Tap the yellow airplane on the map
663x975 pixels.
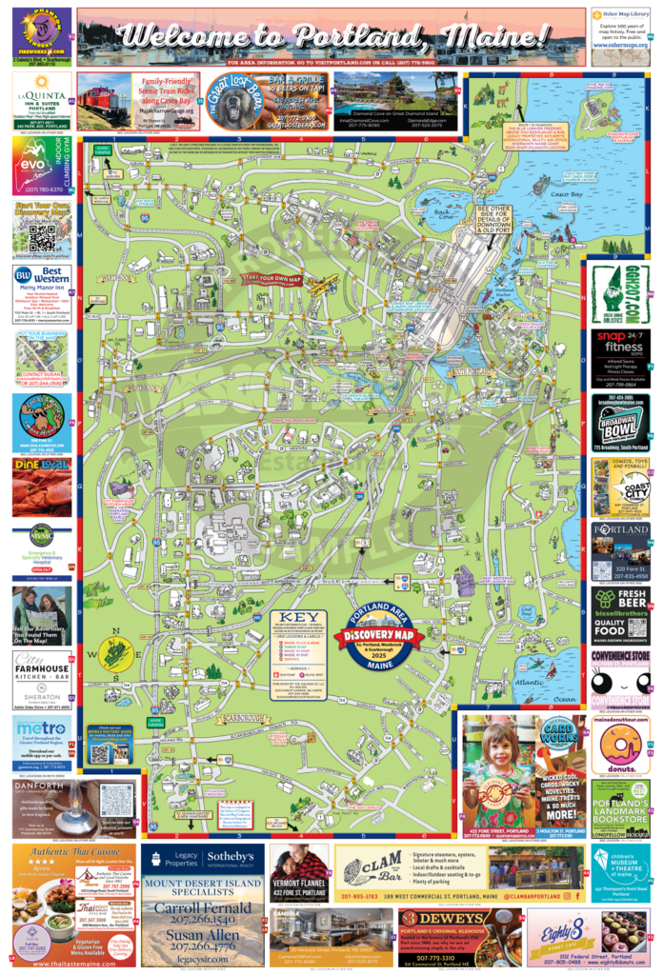pos(324,282)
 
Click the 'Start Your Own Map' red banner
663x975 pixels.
pos(271,280)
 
